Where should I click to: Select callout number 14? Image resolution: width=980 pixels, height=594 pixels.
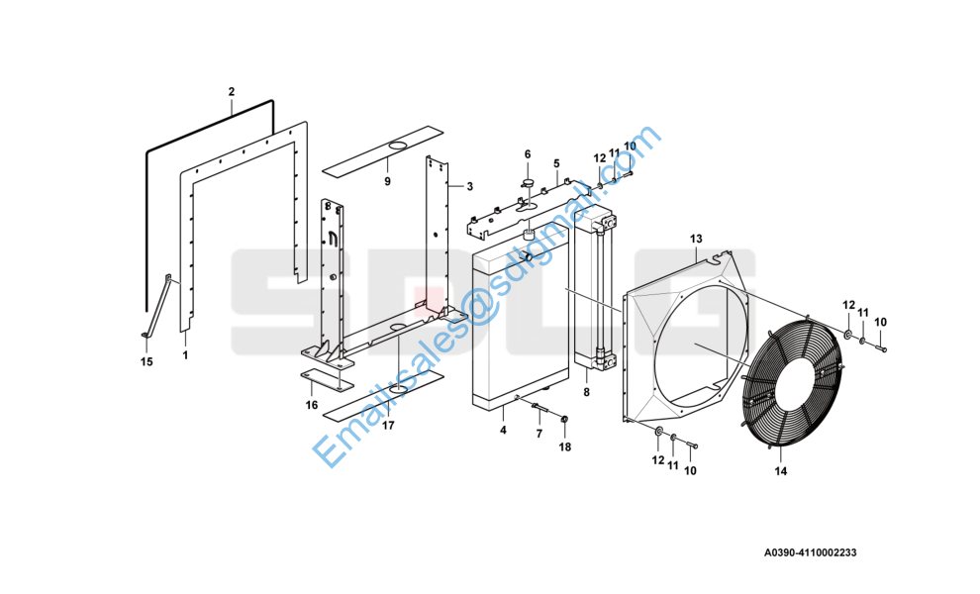coord(781,471)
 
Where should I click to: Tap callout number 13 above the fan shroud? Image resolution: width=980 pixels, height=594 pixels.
coord(696,239)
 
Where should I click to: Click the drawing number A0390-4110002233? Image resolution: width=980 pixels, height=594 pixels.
coord(810,552)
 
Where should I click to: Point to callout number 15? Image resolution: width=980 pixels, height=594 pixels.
coord(147,362)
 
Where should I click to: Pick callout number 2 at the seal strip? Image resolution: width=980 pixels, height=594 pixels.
coord(232,92)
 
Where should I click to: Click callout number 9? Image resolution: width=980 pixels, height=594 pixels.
coord(387,181)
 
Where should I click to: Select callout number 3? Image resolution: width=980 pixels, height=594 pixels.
coord(470,186)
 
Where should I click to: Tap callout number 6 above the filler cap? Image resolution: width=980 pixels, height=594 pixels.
coord(528,154)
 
